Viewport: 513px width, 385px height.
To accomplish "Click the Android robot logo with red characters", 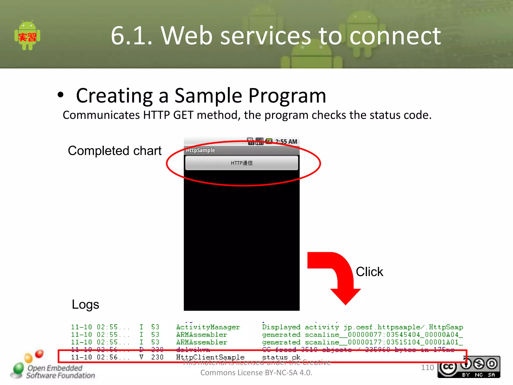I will pos(27,36).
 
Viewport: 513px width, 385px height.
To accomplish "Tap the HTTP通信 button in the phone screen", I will pos(241,163).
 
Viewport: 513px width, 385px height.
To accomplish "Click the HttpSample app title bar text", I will pos(200,150).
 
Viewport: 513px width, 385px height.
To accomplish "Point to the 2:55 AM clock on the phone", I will pos(286,142).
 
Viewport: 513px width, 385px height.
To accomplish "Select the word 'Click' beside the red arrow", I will pos(369,272).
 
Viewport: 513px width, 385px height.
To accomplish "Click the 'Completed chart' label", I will pos(114,151).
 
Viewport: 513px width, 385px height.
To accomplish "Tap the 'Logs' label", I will pos(85,305).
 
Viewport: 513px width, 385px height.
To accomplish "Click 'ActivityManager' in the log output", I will pos(208,327).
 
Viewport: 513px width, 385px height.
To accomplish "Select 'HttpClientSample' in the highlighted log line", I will pos(210,357).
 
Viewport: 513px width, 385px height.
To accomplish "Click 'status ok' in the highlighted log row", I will pos(281,357).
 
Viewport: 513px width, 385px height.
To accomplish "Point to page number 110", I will pos(427,367).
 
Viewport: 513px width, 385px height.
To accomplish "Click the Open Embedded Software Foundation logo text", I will pos(60,372).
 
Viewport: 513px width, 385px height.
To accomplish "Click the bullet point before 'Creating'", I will pos(60,95).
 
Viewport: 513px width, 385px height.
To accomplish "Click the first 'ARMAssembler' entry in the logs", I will pos(201,335).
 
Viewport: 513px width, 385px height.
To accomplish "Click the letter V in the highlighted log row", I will pos(141,357).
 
